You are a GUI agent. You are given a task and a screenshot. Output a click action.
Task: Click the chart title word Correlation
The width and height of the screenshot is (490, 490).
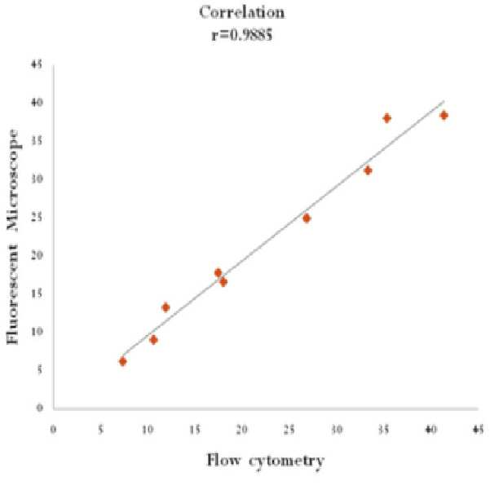(x=242, y=12)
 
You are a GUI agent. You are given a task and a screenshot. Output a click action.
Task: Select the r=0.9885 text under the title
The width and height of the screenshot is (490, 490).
(x=242, y=35)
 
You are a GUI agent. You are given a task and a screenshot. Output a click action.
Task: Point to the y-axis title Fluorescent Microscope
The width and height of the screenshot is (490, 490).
(x=13, y=237)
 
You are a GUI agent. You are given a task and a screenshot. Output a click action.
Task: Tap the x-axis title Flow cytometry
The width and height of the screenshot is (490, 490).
(x=266, y=461)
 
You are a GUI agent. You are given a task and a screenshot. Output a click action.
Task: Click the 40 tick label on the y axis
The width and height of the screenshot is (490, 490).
(x=38, y=103)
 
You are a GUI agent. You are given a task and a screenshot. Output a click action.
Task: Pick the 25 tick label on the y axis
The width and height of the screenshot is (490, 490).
(x=38, y=217)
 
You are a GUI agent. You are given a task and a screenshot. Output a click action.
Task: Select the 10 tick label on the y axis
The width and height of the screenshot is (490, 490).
(x=38, y=331)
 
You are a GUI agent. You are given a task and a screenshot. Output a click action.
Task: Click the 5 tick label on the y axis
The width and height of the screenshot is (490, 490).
(x=40, y=369)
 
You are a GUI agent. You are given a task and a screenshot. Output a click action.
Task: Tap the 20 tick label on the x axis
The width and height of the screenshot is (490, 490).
(x=242, y=430)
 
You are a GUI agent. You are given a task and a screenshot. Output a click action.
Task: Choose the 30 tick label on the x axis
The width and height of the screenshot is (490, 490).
(x=337, y=430)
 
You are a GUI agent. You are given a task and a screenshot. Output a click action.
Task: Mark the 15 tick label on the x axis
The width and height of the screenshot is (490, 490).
(x=195, y=430)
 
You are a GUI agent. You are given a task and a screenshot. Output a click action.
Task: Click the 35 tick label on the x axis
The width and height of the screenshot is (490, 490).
(x=384, y=430)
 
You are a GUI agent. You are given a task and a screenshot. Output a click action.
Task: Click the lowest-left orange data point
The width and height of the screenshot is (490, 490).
(x=123, y=361)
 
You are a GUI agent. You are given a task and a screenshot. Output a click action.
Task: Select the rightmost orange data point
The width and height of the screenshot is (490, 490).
(x=444, y=115)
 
